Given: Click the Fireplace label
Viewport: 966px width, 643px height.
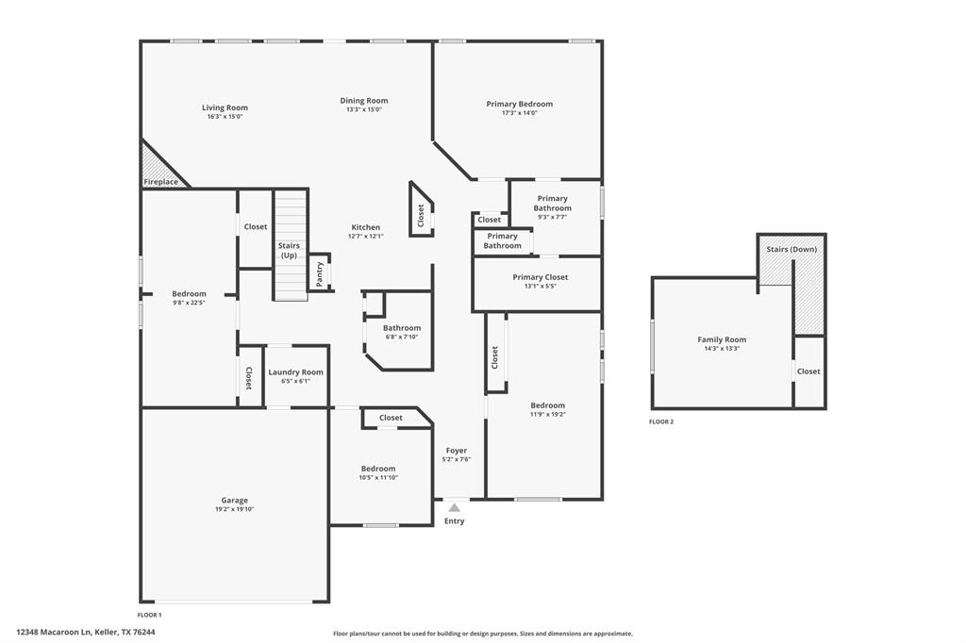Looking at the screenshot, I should coord(160,181).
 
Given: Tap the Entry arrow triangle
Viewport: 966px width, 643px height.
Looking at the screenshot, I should coord(454,507).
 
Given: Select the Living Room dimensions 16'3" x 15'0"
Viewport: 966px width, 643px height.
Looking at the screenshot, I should coord(225,117).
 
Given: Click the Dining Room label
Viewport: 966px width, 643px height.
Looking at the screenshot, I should coord(364,101).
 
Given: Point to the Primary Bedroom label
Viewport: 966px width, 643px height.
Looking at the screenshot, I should coord(519,104).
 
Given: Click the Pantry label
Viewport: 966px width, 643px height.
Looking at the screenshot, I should coord(320,273).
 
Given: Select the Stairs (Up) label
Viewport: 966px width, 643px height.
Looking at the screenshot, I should coord(289,250).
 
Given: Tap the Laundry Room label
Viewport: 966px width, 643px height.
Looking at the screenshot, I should coord(295,372).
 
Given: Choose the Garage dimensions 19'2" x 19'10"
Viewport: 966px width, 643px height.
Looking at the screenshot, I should coord(234,509).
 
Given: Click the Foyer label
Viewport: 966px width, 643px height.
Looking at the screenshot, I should coord(457,451).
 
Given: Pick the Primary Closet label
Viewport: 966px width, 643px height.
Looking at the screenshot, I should coord(541,277).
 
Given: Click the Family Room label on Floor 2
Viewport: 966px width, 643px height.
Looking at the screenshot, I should coord(722,339).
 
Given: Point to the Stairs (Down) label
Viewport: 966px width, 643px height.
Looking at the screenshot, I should coord(791,249).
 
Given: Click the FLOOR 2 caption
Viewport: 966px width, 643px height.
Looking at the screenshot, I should coord(661,421).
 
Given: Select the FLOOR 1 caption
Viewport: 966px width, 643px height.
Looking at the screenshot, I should coord(150,615).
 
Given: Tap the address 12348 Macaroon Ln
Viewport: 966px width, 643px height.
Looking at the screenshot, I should coord(86,633).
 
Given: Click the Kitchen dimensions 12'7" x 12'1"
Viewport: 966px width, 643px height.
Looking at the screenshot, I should coord(365,236).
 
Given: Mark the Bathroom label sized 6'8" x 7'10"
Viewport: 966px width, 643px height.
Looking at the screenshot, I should coord(401,328).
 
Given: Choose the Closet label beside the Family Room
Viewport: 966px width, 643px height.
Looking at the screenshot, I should coord(808,371).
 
